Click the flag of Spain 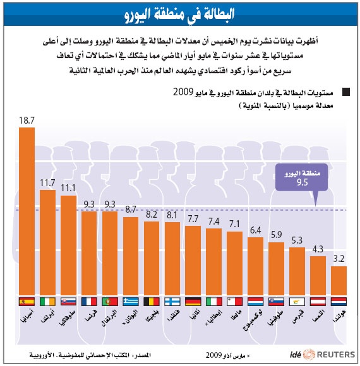27,302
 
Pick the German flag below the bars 193,302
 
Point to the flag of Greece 131,302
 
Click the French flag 90,302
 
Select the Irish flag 48,302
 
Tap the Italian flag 214,302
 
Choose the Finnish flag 172,302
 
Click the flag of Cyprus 297,302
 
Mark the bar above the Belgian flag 152,259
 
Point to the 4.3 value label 318,249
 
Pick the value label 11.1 69,188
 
